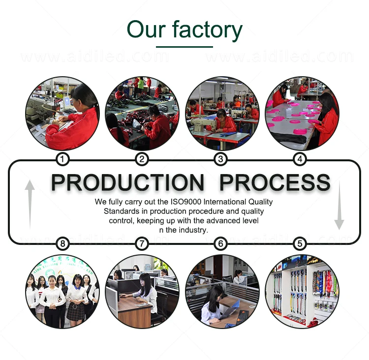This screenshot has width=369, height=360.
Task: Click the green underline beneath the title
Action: click(184, 47)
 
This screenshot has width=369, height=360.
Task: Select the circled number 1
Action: click(62, 159)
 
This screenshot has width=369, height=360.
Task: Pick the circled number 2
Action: click(141, 159)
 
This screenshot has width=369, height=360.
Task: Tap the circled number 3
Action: click(221, 159)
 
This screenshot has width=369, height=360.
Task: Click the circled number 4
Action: click(300, 159)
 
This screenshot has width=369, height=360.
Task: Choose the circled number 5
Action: click(300, 243)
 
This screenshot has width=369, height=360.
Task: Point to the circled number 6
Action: click(221, 243)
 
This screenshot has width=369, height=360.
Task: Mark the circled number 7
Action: click(141, 243)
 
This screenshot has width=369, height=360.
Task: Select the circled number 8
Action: click(62, 243)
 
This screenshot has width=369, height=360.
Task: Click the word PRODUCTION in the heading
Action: click(127, 183)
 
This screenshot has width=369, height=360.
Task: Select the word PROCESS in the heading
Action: click(275, 183)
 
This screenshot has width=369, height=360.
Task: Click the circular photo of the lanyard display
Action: click(302, 291)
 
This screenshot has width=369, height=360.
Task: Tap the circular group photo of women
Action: click(62, 291)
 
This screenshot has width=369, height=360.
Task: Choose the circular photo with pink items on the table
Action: click(302, 114)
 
